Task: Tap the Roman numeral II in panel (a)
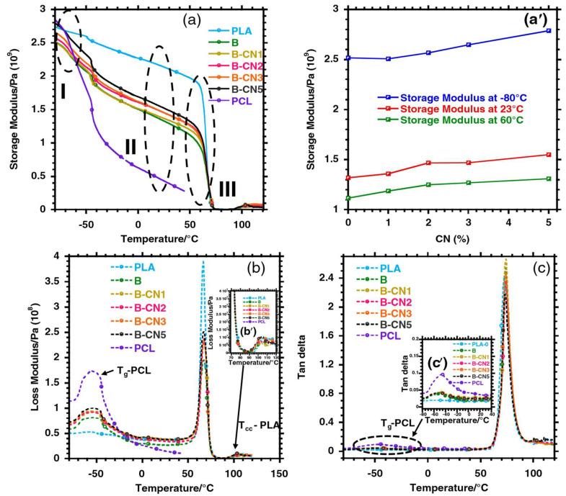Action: point(130,146)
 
